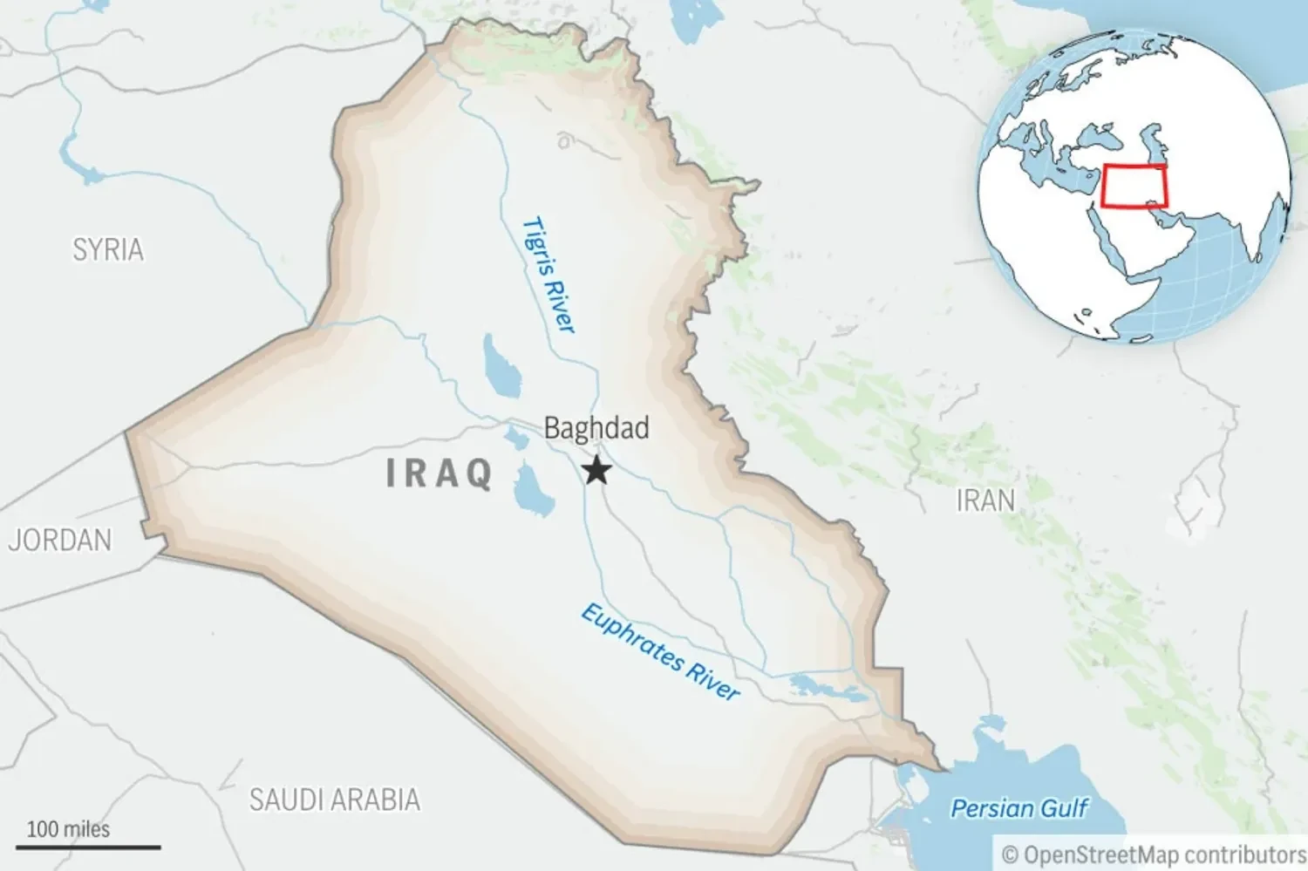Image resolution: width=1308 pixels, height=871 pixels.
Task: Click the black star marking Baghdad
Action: (x=596, y=470)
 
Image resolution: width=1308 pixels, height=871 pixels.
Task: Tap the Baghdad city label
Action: (x=596, y=428)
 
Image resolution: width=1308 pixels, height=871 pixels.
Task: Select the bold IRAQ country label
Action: (x=439, y=473)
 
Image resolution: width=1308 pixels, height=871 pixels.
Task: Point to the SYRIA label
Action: (x=108, y=250)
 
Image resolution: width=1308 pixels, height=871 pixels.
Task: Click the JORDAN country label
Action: (x=60, y=541)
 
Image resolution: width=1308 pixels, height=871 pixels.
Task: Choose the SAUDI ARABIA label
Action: (x=335, y=800)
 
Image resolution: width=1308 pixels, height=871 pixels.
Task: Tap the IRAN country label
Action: (x=985, y=501)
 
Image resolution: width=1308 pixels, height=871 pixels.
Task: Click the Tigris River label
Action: (x=549, y=275)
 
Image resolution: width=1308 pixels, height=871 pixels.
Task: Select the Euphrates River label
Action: (x=660, y=651)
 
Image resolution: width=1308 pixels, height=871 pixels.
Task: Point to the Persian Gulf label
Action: (x=1018, y=809)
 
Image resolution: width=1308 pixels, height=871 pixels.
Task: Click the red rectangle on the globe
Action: (x=1134, y=187)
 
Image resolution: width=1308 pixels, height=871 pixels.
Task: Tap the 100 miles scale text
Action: (x=68, y=829)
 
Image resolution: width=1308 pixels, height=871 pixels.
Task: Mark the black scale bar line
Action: (x=88, y=847)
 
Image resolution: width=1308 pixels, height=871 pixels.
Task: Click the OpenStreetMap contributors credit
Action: (x=1154, y=854)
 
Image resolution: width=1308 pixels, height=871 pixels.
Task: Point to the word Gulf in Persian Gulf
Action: (x=1062, y=809)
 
